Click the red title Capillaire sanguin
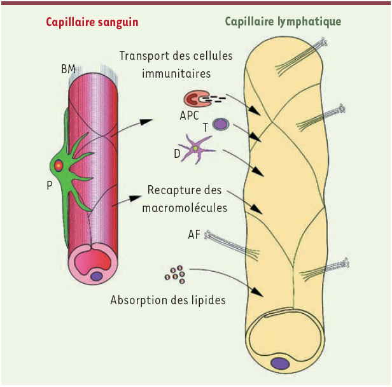click(92, 22)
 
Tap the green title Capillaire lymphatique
click(283, 22)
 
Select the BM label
click(68, 69)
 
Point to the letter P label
click(50, 185)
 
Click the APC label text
click(189, 115)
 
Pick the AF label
click(194, 234)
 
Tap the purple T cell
click(221, 124)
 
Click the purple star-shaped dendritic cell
click(196, 149)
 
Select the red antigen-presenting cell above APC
click(197, 99)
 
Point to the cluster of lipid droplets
click(175, 274)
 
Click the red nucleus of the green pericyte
click(59, 165)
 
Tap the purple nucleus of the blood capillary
click(97, 276)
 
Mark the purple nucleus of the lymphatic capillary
click(280, 363)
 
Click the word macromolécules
click(185, 208)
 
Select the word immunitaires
click(176, 73)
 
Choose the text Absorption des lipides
click(168, 300)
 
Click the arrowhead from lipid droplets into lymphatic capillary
click(258, 292)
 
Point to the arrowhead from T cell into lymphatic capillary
click(256, 137)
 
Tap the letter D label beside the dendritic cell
click(177, 154)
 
